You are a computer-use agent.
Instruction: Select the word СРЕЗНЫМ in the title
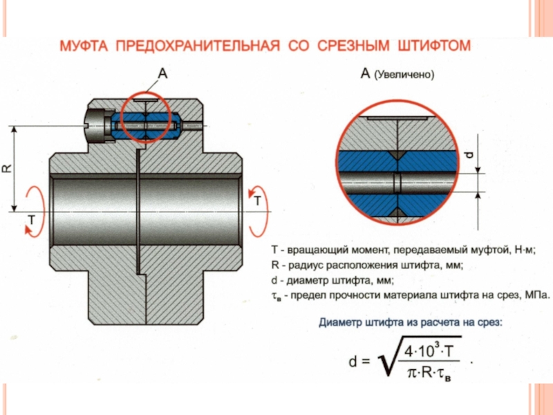355,47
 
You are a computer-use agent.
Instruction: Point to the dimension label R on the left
8,168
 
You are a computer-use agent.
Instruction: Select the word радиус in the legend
309,265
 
